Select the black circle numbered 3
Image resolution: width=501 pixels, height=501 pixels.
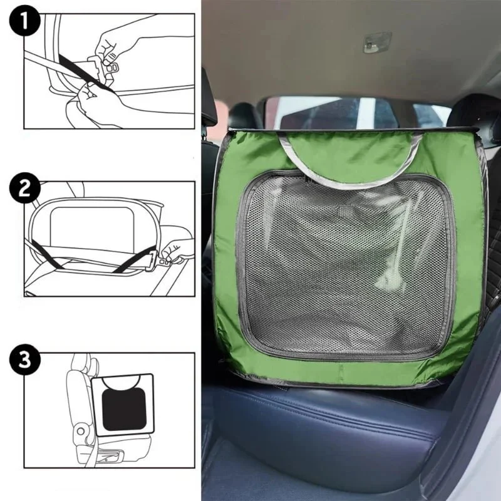pos(24,359)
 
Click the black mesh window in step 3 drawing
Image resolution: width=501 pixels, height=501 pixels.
pos(124,410)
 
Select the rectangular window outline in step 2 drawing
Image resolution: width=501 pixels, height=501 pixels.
pos(92,226)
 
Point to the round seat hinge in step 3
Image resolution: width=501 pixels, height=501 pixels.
pos(81,431)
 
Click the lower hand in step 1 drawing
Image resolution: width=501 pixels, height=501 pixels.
pos(93,102)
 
